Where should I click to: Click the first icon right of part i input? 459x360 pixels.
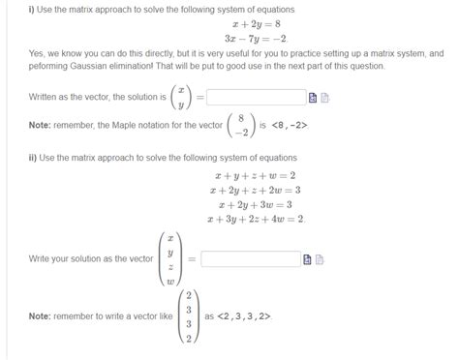tap(312, 98)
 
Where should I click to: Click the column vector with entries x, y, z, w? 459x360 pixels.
tap(170, 259)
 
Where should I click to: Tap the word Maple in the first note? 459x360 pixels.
tap(126, 125)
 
